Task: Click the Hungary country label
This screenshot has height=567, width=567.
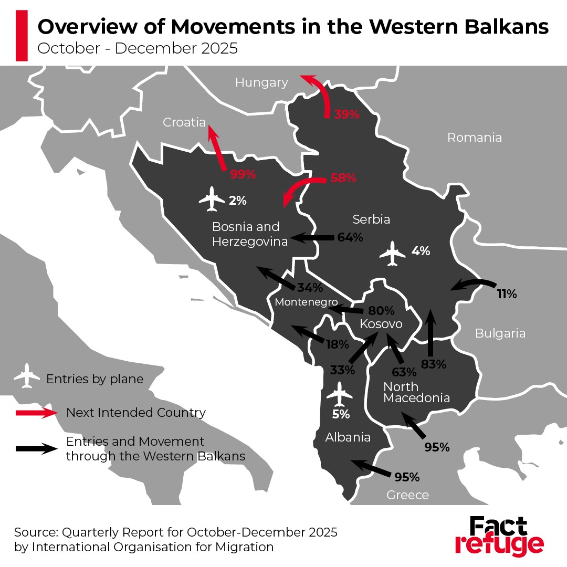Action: click(261, 82)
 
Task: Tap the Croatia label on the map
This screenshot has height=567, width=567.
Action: click(184, 122)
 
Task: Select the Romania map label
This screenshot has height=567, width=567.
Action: click(474, 138)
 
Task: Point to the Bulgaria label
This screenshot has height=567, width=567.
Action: click(500, 333)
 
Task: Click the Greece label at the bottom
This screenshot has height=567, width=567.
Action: click(407, 495)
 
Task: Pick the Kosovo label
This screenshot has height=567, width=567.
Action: click(381, 324)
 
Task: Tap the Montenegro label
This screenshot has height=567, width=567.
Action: click(306, 302)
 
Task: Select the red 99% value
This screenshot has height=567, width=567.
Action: click(243, 175)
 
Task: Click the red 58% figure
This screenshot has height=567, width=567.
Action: click(343, 178)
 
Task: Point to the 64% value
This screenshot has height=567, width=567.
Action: click(350, 237)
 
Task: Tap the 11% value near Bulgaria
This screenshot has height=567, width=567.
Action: click(507, 294)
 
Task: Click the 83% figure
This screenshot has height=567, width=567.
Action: click(434, 363)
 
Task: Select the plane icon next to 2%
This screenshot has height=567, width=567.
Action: click(212, 199)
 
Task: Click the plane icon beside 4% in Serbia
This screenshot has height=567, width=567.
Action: click(393, 253)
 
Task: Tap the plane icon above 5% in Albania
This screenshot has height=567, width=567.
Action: click(340, 394)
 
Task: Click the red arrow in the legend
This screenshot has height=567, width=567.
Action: click(37, 413)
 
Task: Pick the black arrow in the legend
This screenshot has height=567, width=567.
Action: click(37, 448)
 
